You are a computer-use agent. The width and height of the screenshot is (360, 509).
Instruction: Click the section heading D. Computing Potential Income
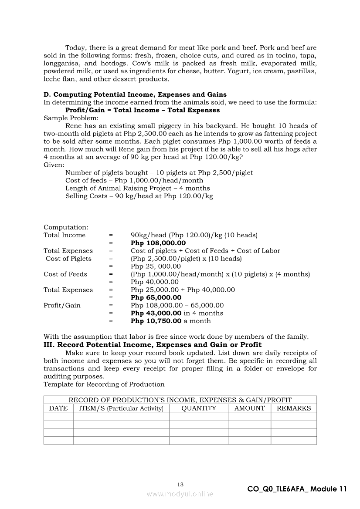pyautogui.click(x=135, y=94)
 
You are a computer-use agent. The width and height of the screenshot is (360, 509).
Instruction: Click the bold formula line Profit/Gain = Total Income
pyautogui.click(x=143, y=110)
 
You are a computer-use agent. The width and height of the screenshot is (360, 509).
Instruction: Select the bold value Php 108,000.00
pyautogui.click(x=158, y=243)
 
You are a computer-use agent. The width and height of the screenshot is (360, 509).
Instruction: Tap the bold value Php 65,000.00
pyautogui.click(x=156, y=298)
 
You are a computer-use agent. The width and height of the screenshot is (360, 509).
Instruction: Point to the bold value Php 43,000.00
pyautogui.click(x=156, y=313)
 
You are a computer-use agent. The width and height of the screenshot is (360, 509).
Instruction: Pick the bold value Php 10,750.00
pyautogui.click(x=156, y=321)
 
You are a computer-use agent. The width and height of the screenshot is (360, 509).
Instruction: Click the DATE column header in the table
pyautogui.click(x=58, y=408)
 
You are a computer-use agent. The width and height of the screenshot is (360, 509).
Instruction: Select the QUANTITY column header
pyautogui.click(x=199, y=408)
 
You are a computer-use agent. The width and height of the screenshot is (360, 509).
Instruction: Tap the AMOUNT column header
pyautogui.click(x=249, y=408)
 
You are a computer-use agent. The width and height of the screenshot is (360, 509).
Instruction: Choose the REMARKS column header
pyautogui.click(x=294, y=408)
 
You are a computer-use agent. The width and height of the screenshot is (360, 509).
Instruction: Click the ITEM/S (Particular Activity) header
pyautogui.click(x=121, y=408)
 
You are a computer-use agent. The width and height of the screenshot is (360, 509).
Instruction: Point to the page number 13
pyautogui.click(x=180, y=485)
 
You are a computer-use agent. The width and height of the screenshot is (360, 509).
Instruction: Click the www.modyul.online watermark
pyautogui.click(x=180, y=494)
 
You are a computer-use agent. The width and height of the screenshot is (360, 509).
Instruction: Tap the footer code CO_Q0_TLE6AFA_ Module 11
pyautogui.click(x=297, y=489)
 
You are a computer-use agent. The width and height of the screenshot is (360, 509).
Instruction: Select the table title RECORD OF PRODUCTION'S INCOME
pyautogui.click(x=180, y=400)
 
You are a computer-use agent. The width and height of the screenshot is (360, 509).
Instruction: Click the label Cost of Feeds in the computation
pyautogui.click(x=65, y=274)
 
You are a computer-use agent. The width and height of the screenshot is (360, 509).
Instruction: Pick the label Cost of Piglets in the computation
pyautogui.click(x=69, y=259)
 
